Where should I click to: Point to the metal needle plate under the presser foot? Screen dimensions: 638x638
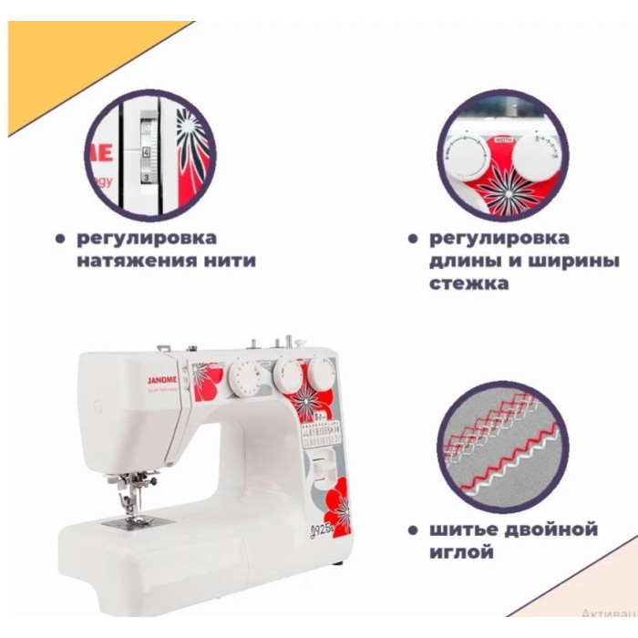coord(125,520)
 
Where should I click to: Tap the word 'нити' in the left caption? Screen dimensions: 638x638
coord(232,261)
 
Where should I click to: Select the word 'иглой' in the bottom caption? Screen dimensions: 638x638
coord(460,552)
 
